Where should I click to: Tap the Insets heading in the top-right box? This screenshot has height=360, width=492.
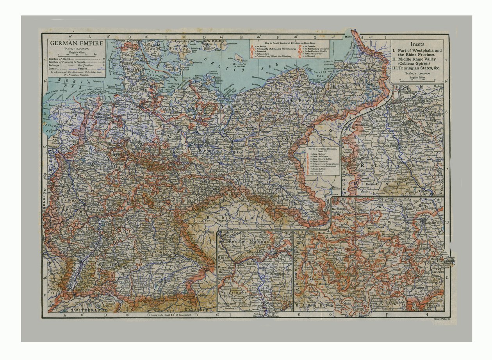[x=417, y=44]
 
